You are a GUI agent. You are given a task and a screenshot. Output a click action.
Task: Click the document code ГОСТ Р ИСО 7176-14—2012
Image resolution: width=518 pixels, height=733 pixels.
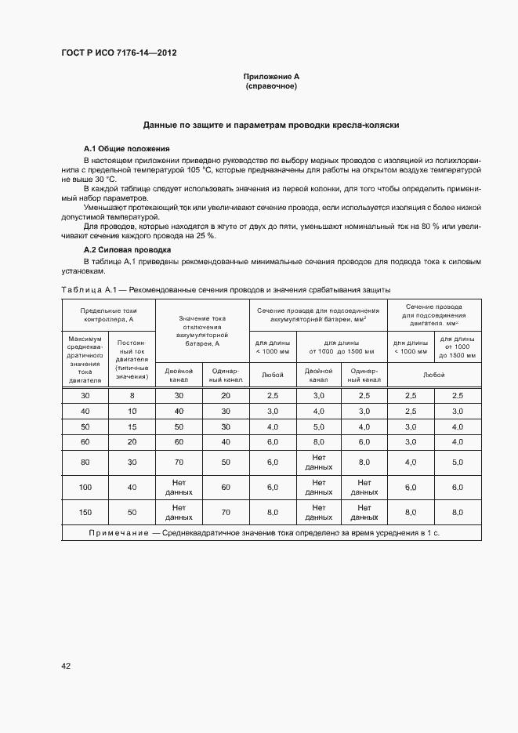118,53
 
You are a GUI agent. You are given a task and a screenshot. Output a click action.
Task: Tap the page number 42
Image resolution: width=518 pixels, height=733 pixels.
66,666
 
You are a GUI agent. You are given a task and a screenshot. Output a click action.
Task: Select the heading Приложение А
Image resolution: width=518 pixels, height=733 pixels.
271,76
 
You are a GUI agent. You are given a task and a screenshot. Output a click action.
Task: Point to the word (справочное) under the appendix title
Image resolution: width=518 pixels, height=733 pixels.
271,85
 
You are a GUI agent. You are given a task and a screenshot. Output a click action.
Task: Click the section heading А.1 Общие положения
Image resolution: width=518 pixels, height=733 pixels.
126,148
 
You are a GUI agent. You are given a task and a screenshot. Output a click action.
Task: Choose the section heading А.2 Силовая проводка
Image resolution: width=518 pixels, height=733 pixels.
128,249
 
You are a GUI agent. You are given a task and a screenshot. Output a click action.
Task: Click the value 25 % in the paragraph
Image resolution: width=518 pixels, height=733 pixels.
205,235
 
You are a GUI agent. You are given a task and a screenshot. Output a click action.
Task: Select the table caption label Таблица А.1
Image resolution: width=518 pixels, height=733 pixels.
88,289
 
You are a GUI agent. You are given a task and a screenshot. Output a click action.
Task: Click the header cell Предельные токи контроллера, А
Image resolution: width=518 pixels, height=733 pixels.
109,314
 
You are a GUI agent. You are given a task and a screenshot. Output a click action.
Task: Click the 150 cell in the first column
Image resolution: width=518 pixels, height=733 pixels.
85,512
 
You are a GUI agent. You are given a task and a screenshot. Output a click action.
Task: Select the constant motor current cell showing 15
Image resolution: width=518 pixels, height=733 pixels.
132,426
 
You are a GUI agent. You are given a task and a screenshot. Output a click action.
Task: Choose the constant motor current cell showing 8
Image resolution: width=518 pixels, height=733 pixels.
132,395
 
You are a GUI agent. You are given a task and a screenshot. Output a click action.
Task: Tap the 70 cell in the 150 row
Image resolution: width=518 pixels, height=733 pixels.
226,512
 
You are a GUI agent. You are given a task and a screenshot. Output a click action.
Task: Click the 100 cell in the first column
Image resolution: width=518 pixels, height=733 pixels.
85,487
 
